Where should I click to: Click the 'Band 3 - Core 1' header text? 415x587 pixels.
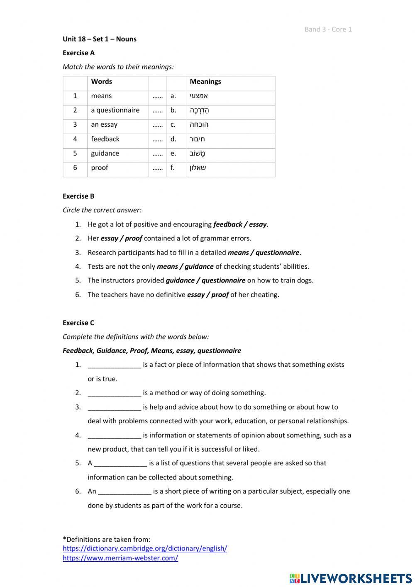click(328, 29)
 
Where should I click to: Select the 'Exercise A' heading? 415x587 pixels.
click(78, 53)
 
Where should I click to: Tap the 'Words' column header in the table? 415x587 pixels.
click(101, 81)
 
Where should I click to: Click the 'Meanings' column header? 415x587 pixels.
click(205, 81)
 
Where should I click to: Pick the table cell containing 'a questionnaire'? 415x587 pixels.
click(115, 110)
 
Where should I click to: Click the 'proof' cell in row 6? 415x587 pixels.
click(100, 167)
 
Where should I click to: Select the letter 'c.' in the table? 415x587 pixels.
click(173, 124)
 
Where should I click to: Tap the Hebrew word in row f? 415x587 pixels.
click(198, 168)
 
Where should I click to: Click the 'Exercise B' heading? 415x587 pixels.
click(78, 196)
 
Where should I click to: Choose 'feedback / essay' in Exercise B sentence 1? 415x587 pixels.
click(240, 224)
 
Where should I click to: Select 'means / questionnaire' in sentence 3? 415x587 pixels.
click(263, 253)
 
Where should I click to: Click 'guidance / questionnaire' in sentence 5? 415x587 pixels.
click(205, 280)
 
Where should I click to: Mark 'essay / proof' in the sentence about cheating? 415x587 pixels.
click(207, 295)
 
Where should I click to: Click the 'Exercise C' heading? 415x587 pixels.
click(78, 323)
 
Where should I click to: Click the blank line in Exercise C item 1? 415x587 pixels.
click(114, 365)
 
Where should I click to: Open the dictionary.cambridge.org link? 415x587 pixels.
click(145, 548)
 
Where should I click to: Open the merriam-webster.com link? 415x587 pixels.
click(120, 558)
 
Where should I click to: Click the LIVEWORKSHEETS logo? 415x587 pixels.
click(351, 578)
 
